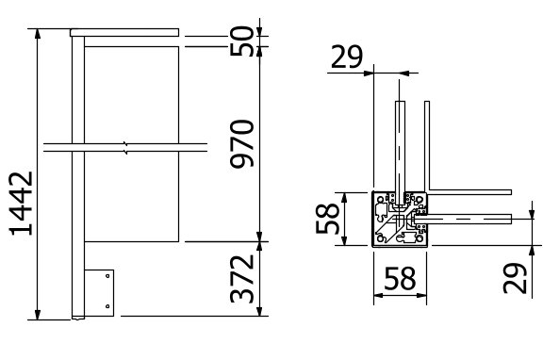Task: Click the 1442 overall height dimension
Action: coord(21,204)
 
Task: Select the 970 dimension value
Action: coord(242,143)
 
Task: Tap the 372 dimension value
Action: coord(242,279)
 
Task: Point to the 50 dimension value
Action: coord(242,41)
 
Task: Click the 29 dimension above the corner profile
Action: coord(347,57)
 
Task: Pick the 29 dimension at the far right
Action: coord(515,278)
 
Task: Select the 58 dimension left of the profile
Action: coord(327,219)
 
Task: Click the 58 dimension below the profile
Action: coord(400,278)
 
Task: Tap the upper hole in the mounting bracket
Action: coord(107,276)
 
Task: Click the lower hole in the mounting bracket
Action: coord(107,306)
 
